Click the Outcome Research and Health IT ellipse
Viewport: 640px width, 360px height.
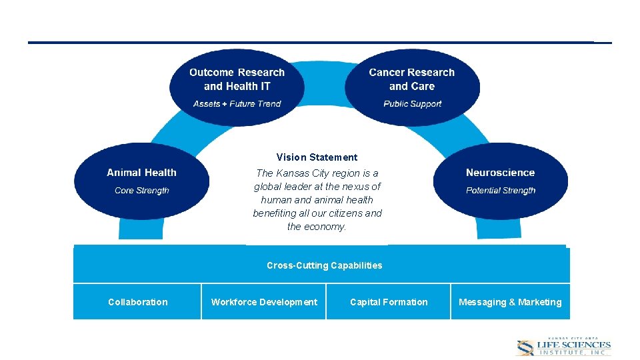(237, 87)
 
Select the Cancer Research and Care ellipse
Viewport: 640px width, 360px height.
(412, 87)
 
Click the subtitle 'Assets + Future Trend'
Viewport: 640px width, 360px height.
(237, 104)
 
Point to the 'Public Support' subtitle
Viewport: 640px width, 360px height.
(412, 104)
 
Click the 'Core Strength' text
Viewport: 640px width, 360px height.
(141, 191)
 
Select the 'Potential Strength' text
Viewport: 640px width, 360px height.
(500, 191)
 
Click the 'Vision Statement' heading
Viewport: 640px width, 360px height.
(317, 157)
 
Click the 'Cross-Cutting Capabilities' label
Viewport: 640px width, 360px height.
(324, 265)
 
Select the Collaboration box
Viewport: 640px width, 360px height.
(137, 302)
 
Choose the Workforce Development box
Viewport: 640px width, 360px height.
(264, 302)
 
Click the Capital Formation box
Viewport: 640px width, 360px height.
(389, 302)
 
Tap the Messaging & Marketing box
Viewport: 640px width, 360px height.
(510, 302)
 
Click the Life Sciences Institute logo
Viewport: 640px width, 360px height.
(563, 346)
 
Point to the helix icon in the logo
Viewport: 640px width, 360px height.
(526, 347)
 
